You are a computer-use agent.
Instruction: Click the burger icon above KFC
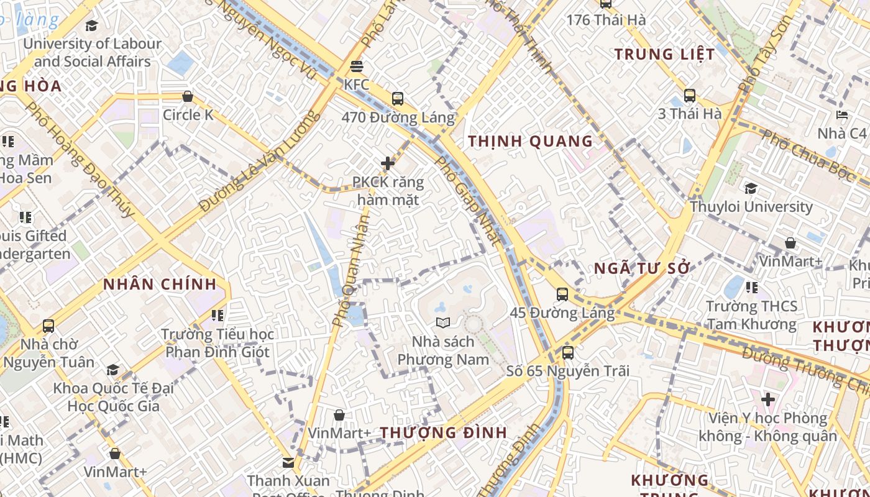(357, 66)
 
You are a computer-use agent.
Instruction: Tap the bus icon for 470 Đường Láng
(398, 98)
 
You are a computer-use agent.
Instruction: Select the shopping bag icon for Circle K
(187, 96)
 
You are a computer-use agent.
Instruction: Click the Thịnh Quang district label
(531, 141)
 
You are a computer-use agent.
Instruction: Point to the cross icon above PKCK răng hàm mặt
(388, 163)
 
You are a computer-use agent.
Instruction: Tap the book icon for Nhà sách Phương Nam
(442, 322)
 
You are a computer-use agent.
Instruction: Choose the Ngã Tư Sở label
(643, 268)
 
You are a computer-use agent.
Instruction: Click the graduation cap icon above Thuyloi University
(751, 188)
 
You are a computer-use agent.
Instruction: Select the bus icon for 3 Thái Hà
(690, 95)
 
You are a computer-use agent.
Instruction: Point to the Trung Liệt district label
(665, 54)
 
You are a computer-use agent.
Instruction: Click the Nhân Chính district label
(160, 285)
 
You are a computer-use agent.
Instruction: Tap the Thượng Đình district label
(444, 432)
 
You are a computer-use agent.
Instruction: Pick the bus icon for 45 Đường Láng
(562, 294)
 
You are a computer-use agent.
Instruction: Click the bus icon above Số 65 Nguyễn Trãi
(568, 352)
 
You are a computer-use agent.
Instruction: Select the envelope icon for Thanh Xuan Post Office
(288, 462)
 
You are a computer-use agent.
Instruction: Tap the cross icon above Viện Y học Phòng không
(768, 399)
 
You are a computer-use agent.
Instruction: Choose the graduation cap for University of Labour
(92, 25)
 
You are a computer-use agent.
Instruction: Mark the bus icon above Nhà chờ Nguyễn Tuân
(48, 326)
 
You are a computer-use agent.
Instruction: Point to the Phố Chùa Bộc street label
(807, 155)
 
